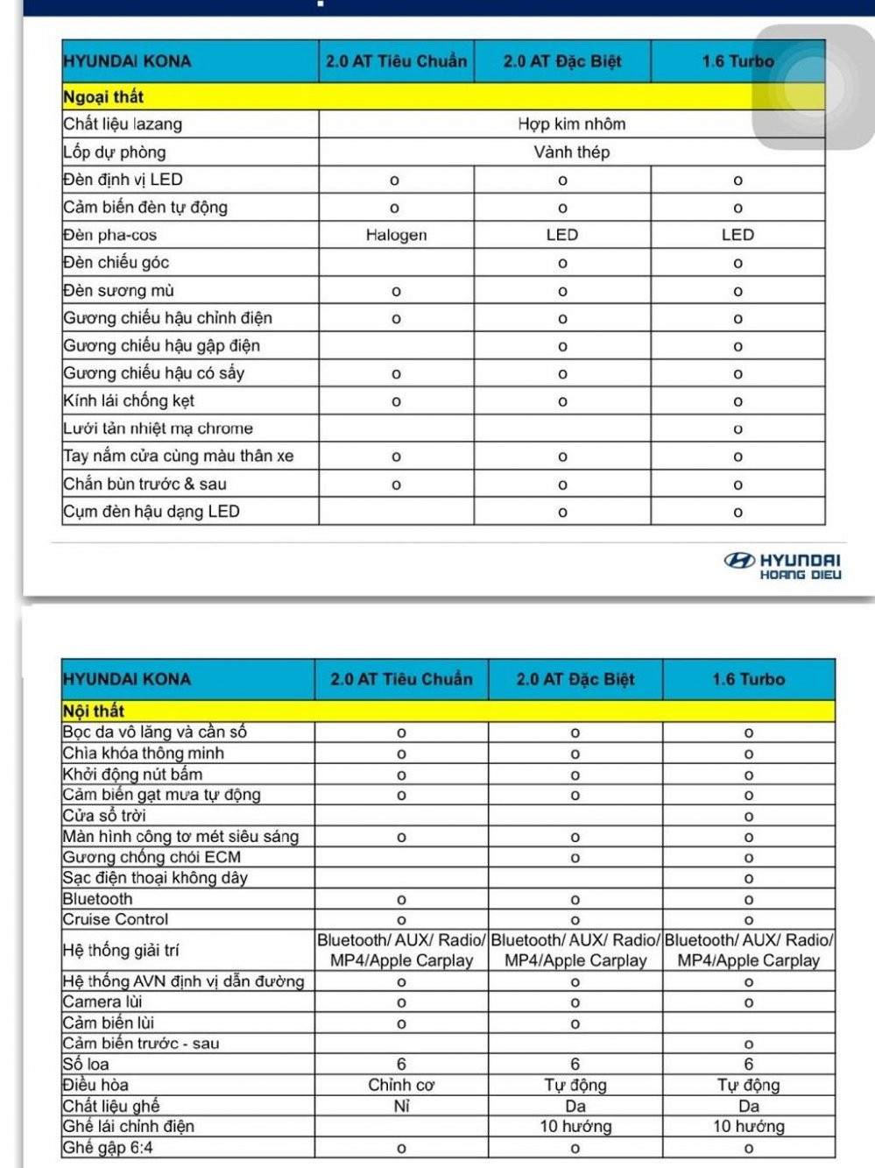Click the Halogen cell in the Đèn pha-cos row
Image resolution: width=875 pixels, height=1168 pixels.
coord(396,235)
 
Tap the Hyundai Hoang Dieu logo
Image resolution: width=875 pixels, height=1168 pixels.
coord(782,566)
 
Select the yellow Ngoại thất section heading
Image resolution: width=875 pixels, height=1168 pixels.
coord(103,96)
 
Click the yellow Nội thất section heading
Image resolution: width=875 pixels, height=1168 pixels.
coord(94,711)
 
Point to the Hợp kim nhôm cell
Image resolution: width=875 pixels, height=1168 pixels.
coord(571,124)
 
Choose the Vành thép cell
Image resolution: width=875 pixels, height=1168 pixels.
coord(571,152)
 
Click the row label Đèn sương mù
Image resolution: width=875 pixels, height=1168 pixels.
coord(118,290)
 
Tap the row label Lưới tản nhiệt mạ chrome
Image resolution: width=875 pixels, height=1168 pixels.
coord(158,428)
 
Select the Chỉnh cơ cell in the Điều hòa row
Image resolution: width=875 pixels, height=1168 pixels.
coord(400,1085)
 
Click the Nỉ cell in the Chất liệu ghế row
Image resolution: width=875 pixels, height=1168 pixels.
coord(401,1106)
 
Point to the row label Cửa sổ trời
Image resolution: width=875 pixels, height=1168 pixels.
coord(104,816)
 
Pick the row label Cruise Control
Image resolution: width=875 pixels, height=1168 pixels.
coord(116,919)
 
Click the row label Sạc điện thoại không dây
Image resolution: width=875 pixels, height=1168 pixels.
coord(155,878)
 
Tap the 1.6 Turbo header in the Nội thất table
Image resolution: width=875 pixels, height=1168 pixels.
coord(748,679)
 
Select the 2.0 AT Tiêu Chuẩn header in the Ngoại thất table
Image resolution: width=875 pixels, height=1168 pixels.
coord(396,61)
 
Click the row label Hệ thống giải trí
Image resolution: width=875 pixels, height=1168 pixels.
coord(121,950)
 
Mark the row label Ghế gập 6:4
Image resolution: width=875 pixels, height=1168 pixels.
coord(108,1148)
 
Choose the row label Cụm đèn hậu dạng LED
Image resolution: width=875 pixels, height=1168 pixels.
coord(151,512)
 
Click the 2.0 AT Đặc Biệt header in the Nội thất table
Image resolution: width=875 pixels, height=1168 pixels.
coord(575,679)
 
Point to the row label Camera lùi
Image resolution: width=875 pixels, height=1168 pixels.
coord(102,1002)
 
